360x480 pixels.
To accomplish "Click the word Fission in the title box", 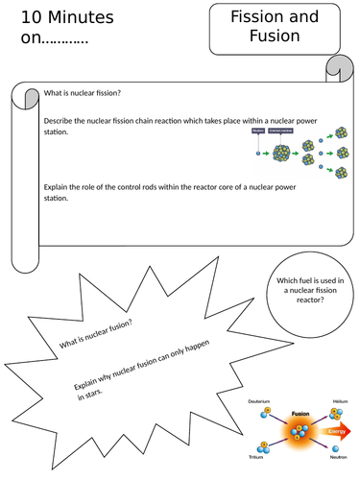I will click(262, 17).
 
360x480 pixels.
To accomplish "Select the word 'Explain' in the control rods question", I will click(58, 188).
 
